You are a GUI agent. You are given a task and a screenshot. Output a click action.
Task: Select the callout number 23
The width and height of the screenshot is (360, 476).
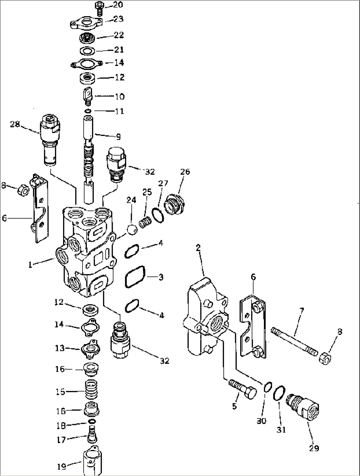pos(118,19)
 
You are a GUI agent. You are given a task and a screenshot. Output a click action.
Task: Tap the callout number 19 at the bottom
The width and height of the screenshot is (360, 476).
pos(61,466)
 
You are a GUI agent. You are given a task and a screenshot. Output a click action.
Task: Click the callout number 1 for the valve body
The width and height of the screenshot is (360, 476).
pos(30,265)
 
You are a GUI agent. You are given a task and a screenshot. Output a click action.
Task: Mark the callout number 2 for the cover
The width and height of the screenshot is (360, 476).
pos(198,248)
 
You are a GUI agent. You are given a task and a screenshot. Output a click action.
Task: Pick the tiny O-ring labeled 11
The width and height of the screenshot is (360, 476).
pos(88,111)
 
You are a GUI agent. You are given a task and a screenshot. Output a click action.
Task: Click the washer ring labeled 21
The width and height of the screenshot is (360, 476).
pos(88,51)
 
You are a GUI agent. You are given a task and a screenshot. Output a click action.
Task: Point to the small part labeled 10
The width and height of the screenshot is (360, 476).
pos(87,96)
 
